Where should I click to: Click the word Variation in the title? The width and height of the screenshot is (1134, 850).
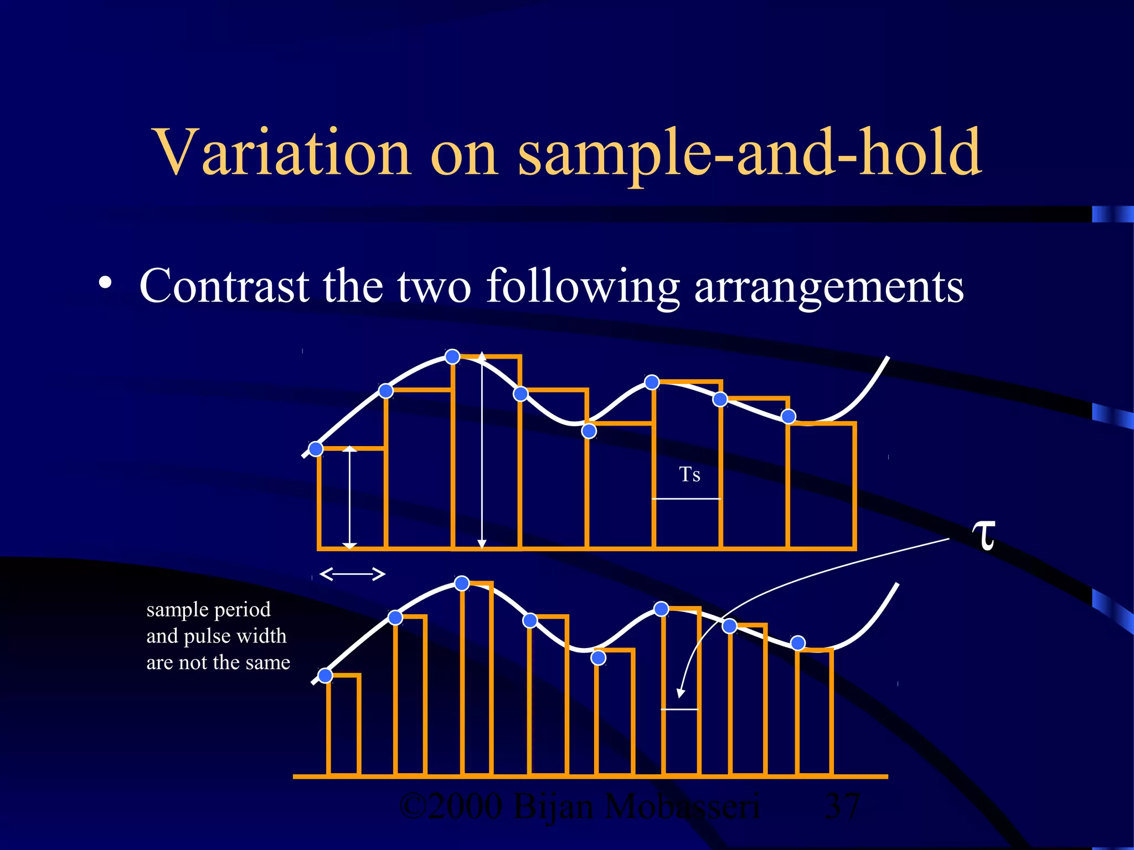282,152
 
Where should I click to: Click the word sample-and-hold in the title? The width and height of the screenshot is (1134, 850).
750,152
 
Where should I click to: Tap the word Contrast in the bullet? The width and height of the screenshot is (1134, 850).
224,286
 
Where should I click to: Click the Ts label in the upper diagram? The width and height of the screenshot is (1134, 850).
689,475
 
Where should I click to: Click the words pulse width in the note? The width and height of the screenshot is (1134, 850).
235,636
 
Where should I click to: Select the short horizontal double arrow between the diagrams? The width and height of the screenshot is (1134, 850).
353,574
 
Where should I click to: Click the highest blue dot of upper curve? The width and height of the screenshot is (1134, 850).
452,356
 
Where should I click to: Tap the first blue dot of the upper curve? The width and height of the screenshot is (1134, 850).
316,449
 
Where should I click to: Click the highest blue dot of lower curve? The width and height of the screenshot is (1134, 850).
462,583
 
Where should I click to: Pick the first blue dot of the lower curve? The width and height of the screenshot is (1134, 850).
325,675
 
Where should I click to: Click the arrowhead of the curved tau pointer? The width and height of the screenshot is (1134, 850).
681,693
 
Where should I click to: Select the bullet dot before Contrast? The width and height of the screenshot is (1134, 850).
105,283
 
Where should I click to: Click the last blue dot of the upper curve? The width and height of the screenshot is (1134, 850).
788,416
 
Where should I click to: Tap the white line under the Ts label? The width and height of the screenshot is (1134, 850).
686,499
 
